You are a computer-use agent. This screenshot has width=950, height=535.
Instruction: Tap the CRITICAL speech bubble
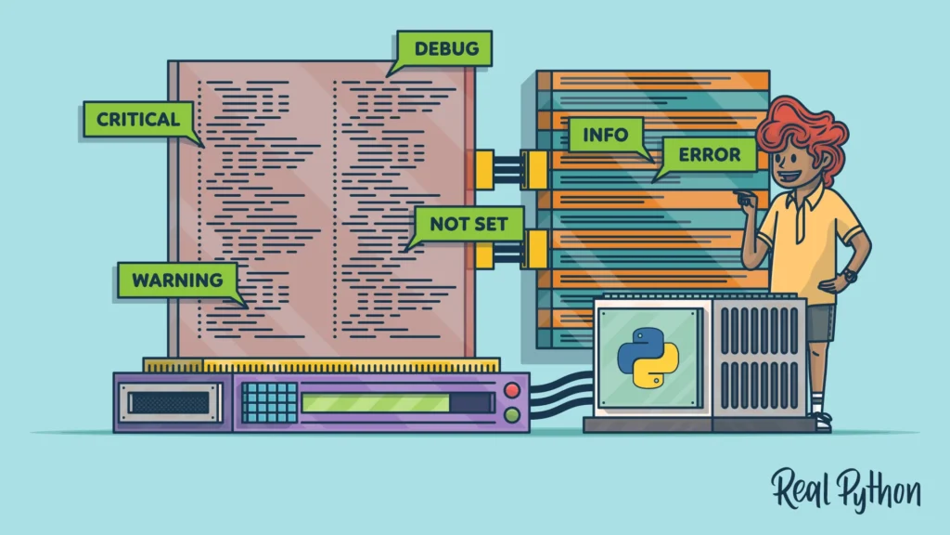pos(138,119)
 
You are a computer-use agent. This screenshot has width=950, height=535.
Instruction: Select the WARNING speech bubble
pos(176,280)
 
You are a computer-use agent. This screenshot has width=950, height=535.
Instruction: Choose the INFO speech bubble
pos(605,135)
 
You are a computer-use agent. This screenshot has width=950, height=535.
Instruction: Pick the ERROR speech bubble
pos(709,154)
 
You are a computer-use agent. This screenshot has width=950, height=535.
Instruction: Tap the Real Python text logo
pos(845,489)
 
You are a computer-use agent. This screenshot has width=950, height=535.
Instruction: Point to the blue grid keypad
pos(269,402)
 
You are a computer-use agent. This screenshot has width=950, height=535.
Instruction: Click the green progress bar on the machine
pos(375,403)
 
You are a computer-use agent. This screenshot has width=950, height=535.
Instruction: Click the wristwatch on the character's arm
pos(850,275)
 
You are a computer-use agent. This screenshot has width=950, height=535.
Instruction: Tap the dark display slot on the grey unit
pos(168,402)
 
